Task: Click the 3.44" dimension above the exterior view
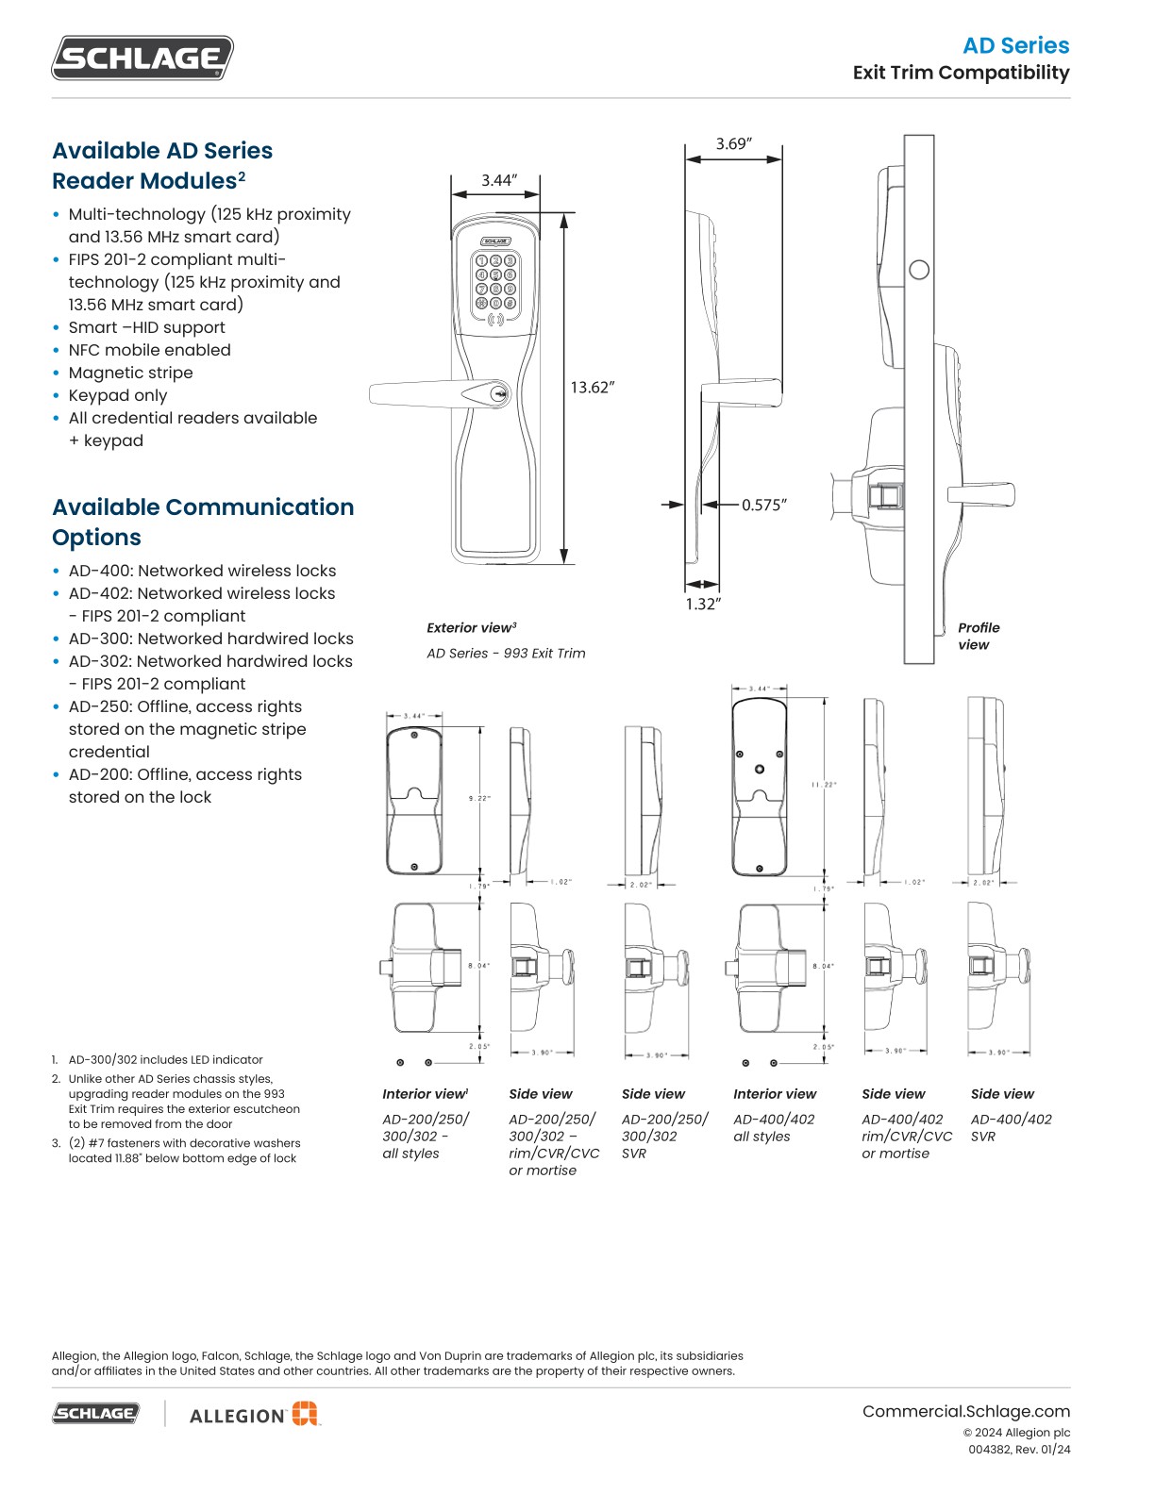[x=499, y=180]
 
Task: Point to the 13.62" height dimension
[x=593, y=387]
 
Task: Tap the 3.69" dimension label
[x=733, y=143]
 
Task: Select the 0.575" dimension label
[x=763, y=505]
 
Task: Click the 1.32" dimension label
[x=703, y=604]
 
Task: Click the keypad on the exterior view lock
[x=496, y=282]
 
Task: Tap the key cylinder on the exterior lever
[x=500, y=394]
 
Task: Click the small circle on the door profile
[x=918, y=270]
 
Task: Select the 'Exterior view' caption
[x=471, y=627]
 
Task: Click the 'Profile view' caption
[x=978, y=636]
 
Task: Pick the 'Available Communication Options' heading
[x=203, y=522]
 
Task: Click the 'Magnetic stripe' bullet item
[x=130, y=373]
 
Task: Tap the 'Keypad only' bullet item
[x=117, y=395]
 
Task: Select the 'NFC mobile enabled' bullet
[x=149, y=350]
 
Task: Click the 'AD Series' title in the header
[x=1015, y=45]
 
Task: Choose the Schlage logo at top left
[x=142, y=58]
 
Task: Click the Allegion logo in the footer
[x=254, y=1414]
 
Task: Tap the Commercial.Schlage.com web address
[x=965, y=1411]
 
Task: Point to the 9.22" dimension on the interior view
[x=479, y=798]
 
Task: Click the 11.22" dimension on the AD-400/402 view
[x=823, y=784]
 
